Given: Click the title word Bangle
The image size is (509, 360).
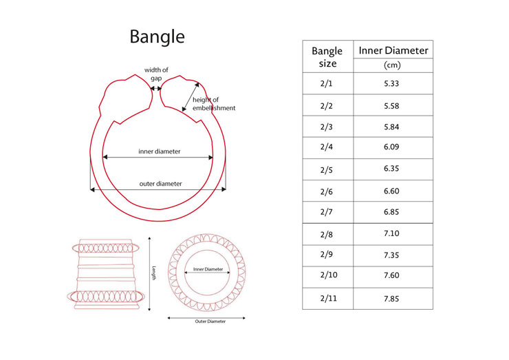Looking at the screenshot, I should [x=157, y=36].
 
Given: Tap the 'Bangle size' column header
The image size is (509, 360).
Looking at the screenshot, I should [x=327, y=57].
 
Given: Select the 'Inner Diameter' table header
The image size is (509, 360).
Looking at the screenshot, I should [x=393, y=50].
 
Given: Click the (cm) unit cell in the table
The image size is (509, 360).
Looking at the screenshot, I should [x=393, y=65].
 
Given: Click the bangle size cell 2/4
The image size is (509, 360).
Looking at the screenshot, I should [x=327, y=147].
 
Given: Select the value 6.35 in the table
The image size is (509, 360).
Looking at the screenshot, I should [x=393, y=169].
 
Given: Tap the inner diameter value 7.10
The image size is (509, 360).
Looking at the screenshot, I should [x=393, y=233].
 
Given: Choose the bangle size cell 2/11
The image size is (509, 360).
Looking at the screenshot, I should [x=327, y=299].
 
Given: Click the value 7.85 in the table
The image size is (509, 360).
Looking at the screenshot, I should [x=393, y=299].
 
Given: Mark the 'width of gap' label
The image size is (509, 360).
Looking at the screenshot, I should [x=156, y=74].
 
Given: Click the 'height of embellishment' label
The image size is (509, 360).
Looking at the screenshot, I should [x=214, y=104].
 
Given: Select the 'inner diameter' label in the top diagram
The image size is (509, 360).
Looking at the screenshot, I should [x=159, y=151].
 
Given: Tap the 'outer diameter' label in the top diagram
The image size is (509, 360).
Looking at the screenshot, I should [x=160, y=184].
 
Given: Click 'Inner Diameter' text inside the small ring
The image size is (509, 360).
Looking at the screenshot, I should [x=208, y=269].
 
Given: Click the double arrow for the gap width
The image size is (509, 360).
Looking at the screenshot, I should [x=156, y=88].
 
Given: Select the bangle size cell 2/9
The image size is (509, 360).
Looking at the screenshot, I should [x=327, y=255].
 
